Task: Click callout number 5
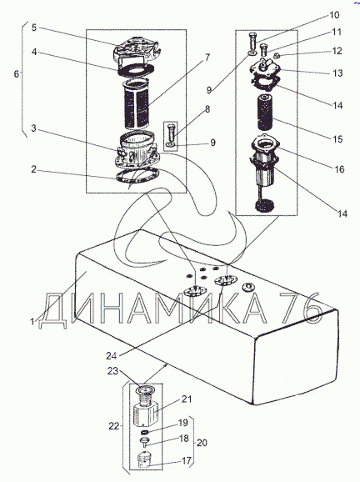[34, 28]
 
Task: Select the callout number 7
[207, 57]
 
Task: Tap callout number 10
[334, 15]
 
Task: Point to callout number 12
[337, 50]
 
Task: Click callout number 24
[112, 355]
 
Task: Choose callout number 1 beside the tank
[32, 322]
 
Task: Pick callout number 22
[114, 426]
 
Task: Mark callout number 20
[202, 443]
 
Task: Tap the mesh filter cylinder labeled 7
[137, 104]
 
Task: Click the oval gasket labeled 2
[137, 176]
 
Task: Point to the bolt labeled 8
[172, 133]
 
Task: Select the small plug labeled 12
[276, 56]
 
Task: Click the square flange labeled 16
[265, 145]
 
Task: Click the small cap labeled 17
[144, 459]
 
